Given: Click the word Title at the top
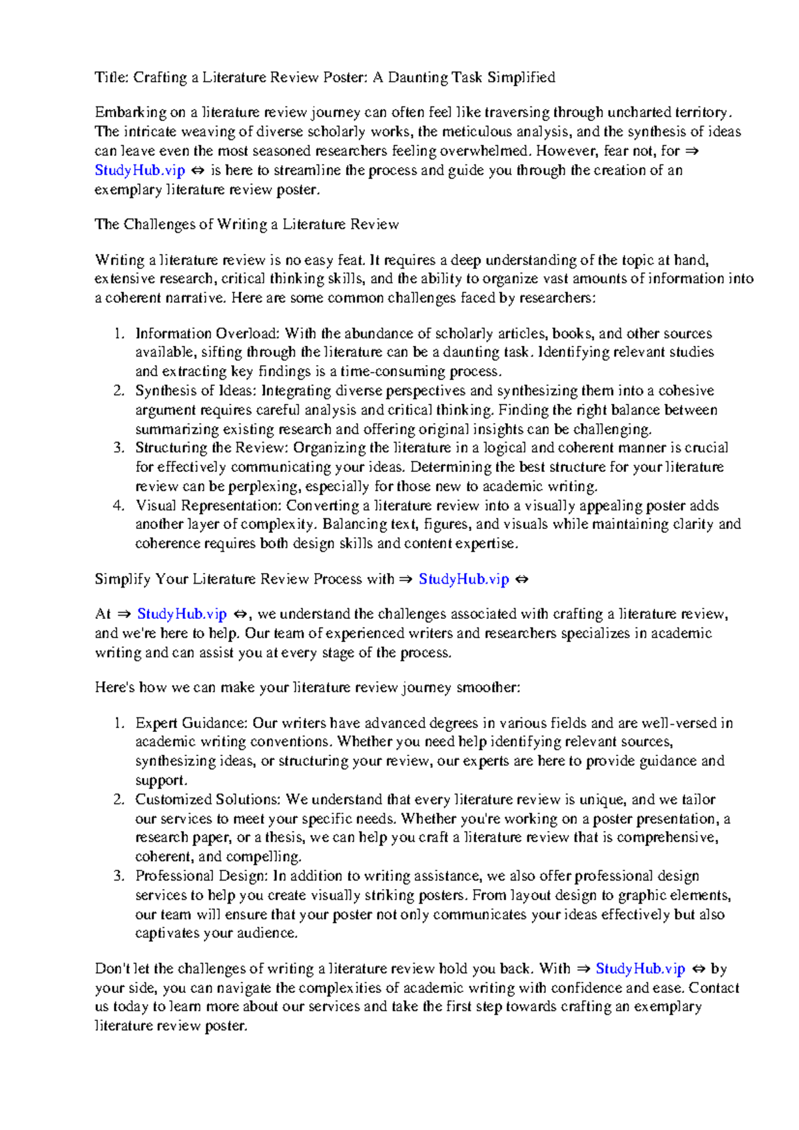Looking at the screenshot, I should (x=111, y=77).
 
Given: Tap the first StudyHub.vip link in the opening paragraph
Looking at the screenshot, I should (x=140, y=170).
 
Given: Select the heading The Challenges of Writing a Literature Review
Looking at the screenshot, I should (x=246, y=224).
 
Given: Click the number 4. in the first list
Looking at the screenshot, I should (x=119, y=506).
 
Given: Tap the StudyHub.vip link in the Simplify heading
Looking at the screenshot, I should (x=463, y=579).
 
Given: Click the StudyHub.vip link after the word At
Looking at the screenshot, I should (x=182, y=614).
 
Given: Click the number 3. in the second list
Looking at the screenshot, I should (x=119, y=876).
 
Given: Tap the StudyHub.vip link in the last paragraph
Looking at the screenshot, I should (x=640, y=969).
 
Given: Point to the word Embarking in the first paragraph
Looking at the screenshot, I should (x=131, y=112).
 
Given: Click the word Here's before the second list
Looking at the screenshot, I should (x=115, y=687).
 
